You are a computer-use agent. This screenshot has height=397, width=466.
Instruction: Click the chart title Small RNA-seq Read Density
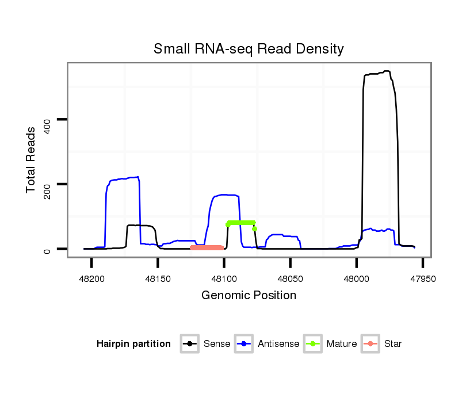tap(249, 49)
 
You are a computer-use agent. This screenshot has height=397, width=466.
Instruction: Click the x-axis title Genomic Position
tap(249, 296)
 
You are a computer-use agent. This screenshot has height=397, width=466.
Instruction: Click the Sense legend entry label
tap(217, 344)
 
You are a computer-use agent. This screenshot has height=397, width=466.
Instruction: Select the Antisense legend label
tap(278, 344)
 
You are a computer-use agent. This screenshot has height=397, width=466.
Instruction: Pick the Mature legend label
tap(342, 344)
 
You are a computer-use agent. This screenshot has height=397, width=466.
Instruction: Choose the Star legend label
tap(393, 344)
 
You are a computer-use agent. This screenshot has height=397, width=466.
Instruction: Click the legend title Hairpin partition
tap(133, 344)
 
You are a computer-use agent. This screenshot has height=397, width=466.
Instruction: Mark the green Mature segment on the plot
tap(240, 223)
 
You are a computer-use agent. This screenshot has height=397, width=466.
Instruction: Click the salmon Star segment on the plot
tap(207, 247)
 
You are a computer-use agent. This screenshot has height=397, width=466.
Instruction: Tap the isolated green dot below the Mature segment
tap(254, 229)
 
